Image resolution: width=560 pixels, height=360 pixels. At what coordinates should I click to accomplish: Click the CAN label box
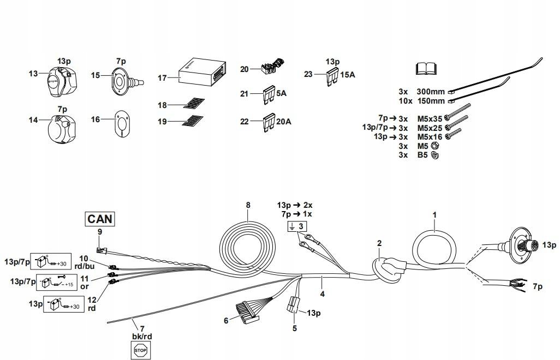(x=100, y=219)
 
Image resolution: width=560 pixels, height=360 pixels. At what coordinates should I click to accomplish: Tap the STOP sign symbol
(x=140, y=350)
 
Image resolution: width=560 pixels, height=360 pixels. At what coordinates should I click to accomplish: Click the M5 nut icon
(x=435, y=146)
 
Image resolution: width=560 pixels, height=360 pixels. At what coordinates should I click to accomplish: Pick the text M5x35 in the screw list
(x=428, y=117)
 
